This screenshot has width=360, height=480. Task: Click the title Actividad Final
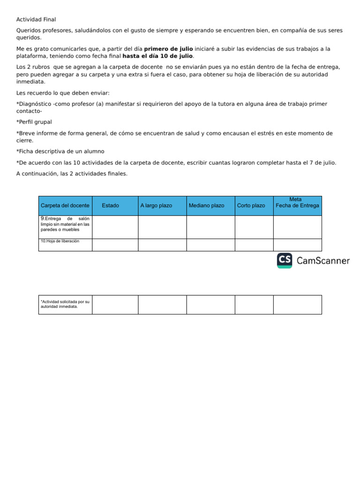36,19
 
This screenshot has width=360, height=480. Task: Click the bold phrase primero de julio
168,49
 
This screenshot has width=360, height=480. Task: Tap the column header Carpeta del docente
65,206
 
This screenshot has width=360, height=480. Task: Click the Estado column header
110,206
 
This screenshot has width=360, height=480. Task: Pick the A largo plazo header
156,206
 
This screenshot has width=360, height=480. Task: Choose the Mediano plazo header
206,206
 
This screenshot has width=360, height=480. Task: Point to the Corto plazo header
251,206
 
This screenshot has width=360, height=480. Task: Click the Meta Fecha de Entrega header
297,202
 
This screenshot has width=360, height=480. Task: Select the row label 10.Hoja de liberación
60,241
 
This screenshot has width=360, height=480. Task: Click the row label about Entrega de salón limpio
65,224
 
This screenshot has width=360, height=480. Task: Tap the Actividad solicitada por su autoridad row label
65,304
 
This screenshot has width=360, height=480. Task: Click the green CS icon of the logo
285,261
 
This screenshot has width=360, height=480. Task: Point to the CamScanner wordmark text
323,261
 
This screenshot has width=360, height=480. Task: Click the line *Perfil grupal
34,122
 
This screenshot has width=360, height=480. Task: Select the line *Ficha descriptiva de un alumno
60,151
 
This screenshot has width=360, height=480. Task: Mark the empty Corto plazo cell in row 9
254,227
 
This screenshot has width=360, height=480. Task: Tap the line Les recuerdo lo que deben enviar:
62,93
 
